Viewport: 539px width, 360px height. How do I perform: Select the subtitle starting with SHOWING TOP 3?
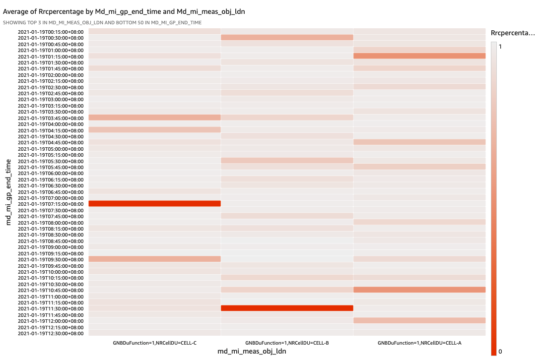[x=102, y=23]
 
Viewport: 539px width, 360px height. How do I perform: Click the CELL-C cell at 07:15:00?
[x=154, y=204]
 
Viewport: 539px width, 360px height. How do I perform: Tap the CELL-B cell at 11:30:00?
[x=287, y=308]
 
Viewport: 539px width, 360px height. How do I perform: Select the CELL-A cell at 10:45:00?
[x=419, y=290]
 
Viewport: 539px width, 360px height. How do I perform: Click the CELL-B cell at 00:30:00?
[x=287, y=38]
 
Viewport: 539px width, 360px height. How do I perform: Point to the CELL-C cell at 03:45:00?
[x=154, y=118]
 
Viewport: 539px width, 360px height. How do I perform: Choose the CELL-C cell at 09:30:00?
[x=154, y=259]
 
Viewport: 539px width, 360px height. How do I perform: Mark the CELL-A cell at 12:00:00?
[x=419, y=321]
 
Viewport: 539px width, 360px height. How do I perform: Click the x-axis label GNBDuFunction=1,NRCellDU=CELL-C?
[x=154, y=343]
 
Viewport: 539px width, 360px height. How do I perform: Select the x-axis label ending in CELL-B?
[x=287, y=343]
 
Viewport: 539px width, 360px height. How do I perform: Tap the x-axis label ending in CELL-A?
[x=419, y=343]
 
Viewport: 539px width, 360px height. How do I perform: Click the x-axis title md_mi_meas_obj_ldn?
[x=252, y=352]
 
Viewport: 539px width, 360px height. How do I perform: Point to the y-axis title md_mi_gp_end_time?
[x=8, y=192]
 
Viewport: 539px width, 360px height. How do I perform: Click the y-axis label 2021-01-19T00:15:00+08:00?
[x=50, y=32]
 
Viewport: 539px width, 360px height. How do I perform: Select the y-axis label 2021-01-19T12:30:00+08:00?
[x=50, y=333]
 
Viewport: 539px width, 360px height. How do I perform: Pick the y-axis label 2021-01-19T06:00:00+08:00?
[x=50, y=173]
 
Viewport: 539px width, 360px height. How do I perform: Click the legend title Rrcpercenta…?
[x=513, y=33]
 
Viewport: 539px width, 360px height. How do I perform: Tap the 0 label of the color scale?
[x=500, y=352]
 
